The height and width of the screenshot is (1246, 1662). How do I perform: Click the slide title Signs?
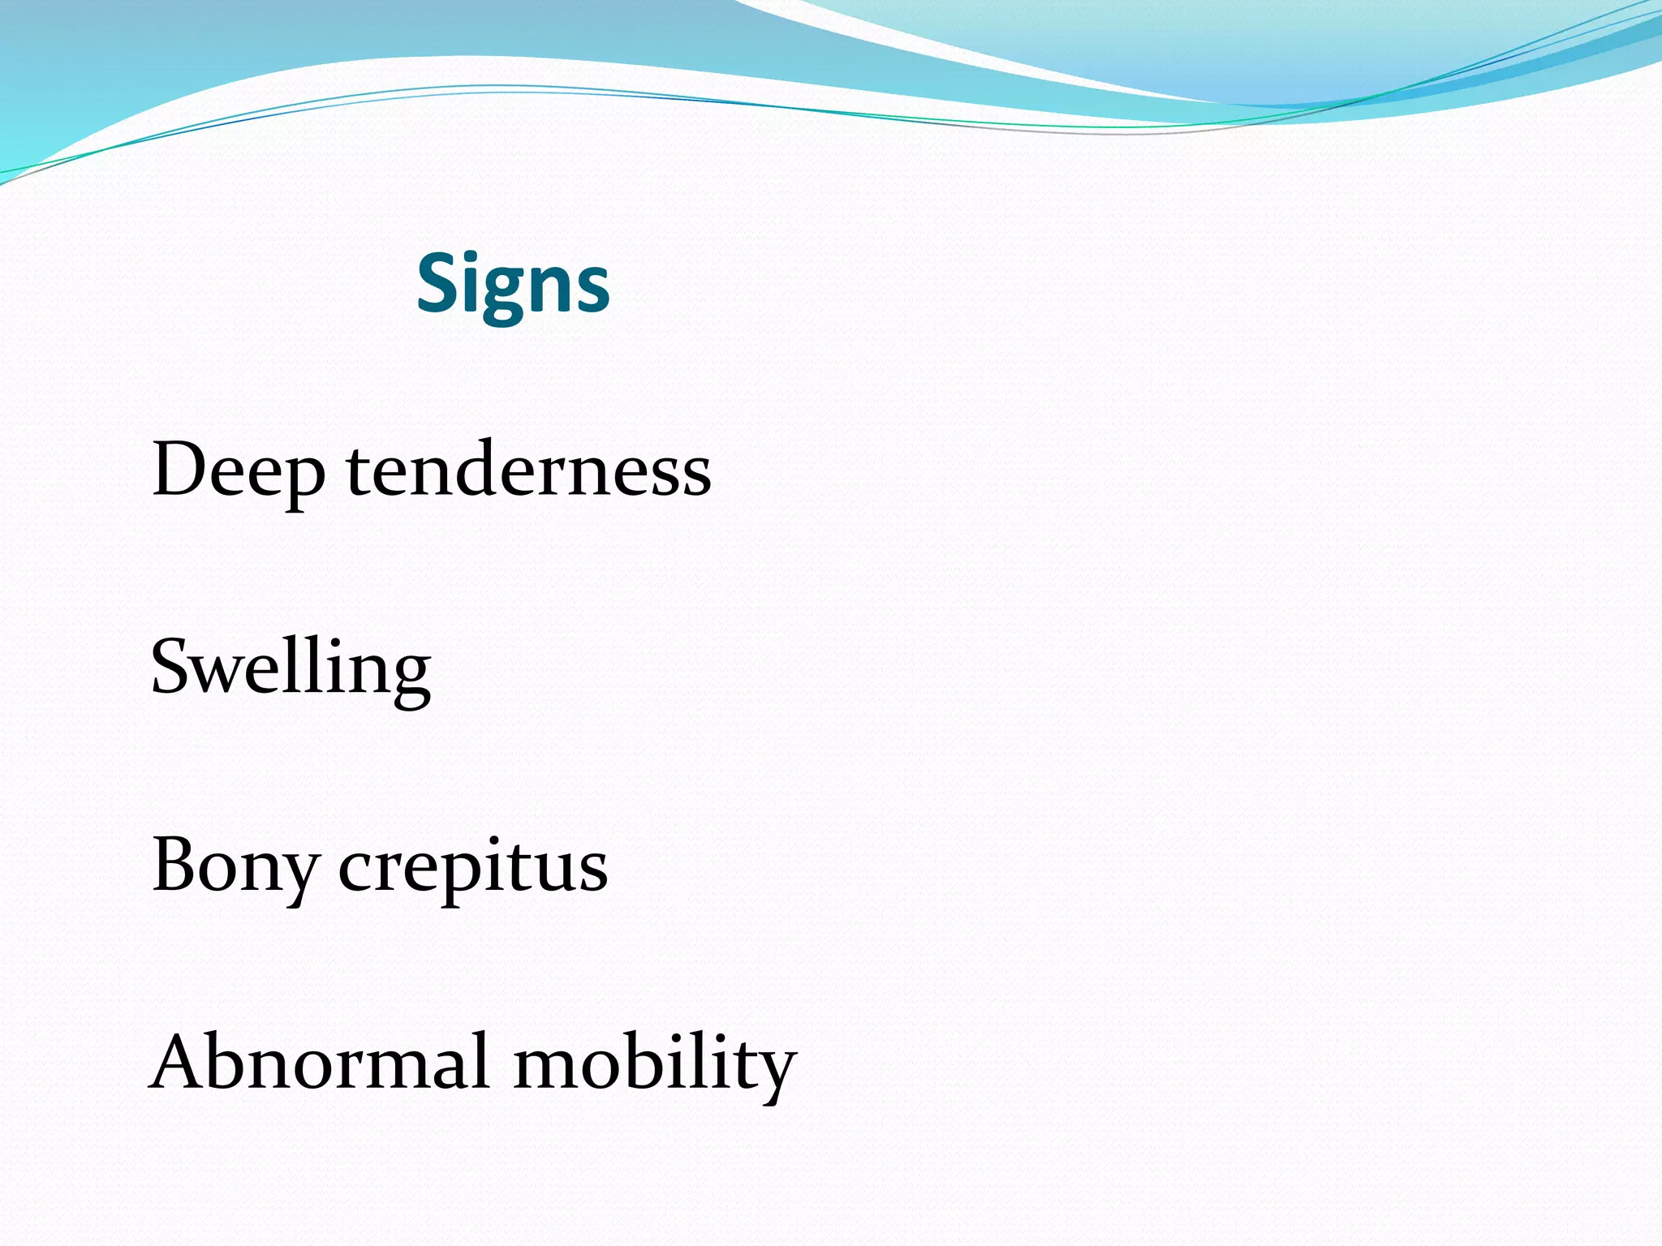coord(513,284)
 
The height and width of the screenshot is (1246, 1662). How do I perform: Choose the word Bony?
coord(235,866)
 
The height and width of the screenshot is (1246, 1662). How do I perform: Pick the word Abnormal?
coord(321,1063)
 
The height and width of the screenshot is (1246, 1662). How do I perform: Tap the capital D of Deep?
coord(180,469)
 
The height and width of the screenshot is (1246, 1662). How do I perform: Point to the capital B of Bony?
coord(175,865)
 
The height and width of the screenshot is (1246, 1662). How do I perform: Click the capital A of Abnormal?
coord(180,1061)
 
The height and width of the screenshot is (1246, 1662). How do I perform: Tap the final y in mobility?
coord(774,1072)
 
